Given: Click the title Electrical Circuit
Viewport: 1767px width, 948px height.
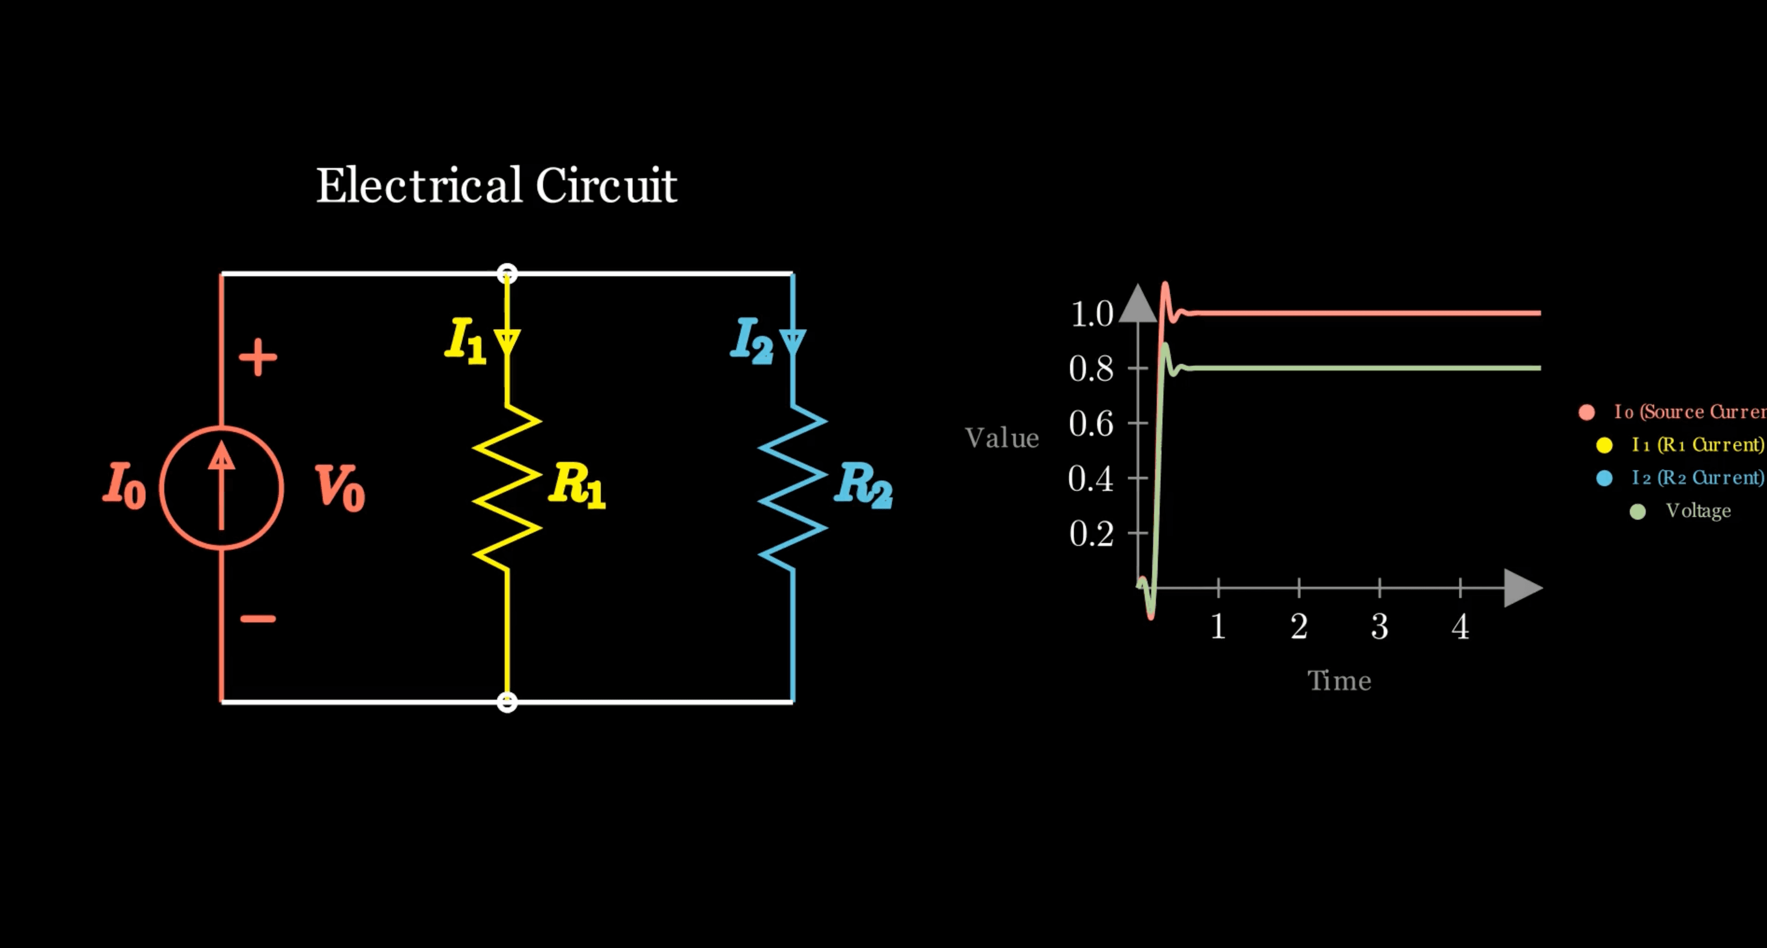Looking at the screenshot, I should (496, 185).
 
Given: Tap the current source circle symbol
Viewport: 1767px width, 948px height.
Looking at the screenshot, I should (222, 488).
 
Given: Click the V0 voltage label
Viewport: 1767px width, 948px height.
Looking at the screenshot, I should (340, 487).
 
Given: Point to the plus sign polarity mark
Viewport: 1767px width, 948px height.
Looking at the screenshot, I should (258, 357).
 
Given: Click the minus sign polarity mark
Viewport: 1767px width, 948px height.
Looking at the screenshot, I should (258, 619).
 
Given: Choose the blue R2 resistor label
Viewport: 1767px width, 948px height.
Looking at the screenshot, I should (863, 485).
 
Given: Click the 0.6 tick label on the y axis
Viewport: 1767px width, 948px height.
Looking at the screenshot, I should (1091, 424).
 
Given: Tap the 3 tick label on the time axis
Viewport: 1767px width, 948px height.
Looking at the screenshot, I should (1379, 626).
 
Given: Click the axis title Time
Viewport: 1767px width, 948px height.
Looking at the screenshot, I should (1339, 681).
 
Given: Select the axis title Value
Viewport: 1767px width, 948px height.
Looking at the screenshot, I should (1002, 438).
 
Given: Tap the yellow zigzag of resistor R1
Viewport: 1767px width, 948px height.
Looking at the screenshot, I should (507, 487).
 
